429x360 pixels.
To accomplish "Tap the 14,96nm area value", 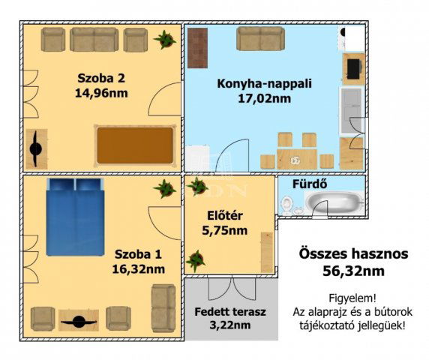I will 101,94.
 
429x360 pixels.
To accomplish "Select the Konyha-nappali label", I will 254,83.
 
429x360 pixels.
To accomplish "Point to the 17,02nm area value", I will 254,98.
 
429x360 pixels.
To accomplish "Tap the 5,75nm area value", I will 226,231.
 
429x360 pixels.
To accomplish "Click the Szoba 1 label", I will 137,253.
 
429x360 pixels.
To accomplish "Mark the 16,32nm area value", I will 137,268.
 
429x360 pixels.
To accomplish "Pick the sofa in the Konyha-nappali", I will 260,38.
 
